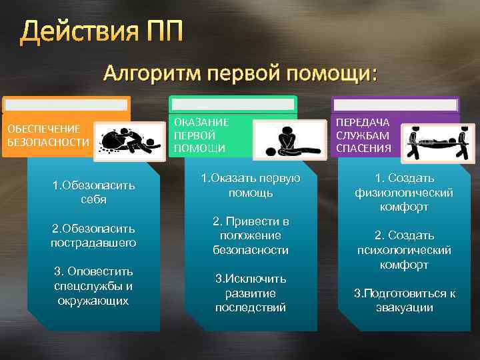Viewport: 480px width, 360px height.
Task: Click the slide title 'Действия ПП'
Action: coord(101,31)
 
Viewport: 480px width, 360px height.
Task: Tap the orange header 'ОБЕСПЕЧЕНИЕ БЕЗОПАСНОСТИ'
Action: coord(47,135)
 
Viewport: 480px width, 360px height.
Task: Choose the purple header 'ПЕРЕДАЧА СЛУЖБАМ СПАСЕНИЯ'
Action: coord(363,135)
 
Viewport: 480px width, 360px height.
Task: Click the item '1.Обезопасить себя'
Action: coord(93,192)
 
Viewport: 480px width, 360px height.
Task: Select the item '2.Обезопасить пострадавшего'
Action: coord(93,236)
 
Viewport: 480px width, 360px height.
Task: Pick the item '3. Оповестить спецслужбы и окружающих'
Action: coord(93,286)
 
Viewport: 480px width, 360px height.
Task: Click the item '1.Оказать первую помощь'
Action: coord(251,185)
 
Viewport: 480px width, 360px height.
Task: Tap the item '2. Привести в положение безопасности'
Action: coord(251,235)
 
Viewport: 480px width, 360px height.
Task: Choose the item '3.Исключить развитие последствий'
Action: coord(251,293)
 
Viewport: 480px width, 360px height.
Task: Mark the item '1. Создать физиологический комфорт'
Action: coord(404,193)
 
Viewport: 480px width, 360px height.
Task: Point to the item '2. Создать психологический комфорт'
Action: coord(404,250)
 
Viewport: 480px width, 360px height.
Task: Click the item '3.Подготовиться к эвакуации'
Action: coord(404,300)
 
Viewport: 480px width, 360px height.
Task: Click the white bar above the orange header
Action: coord(65,105)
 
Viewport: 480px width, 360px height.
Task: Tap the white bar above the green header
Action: coord(232,104)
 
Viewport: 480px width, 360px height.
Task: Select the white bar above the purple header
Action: coord(395,105)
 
